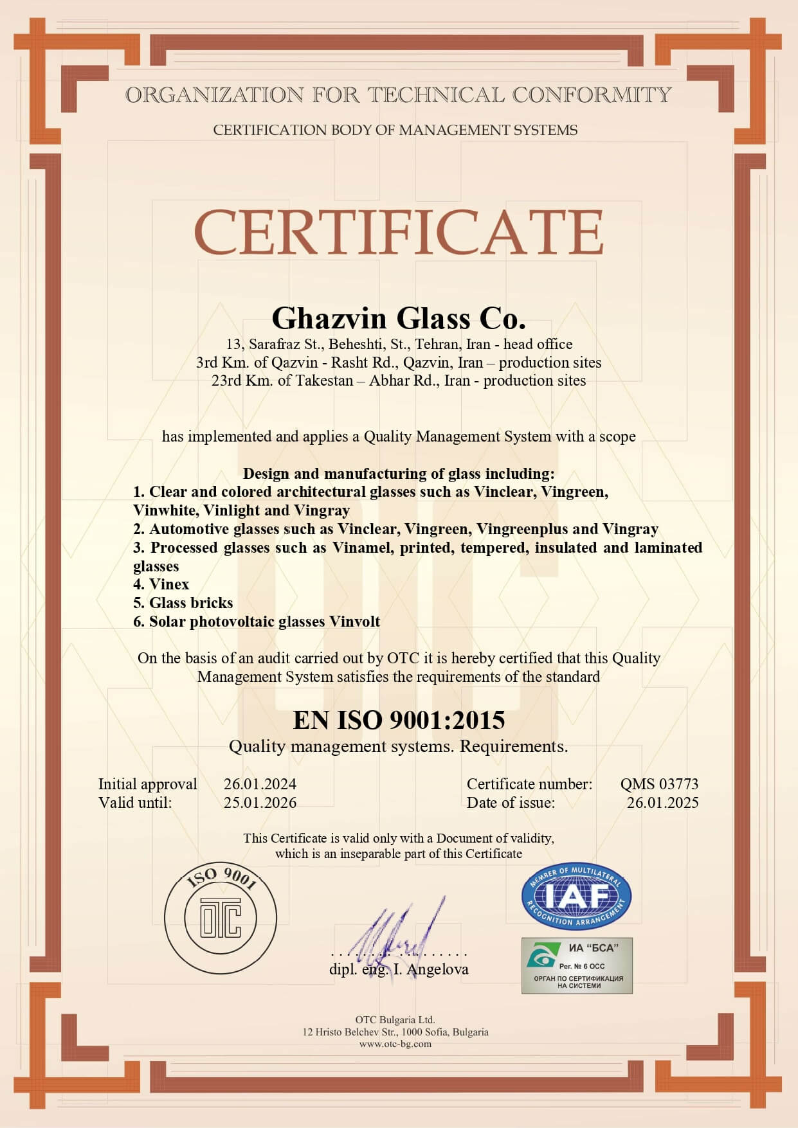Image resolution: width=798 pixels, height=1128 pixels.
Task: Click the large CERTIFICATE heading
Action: click(x=399, y=231)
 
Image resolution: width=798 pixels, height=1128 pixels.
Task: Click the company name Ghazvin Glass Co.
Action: click(x=399, y=318)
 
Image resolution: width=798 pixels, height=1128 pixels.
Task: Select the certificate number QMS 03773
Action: click(x=659, y=784)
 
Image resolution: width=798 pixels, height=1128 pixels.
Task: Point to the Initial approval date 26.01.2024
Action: click(x=260, y=784)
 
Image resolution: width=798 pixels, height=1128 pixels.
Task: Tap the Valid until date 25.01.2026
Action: click(x=260, y=803)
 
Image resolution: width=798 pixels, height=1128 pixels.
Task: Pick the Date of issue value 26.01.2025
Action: click(x=662, y=803)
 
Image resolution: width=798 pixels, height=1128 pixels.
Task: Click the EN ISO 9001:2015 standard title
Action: click(x=399, y=720)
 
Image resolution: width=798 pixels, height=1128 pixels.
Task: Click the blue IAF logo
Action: click(x=576, y=896)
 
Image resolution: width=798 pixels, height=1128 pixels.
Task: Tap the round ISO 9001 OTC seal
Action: click(x=221, y=917)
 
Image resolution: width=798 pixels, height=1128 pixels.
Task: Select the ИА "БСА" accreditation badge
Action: click(x=577, y=965)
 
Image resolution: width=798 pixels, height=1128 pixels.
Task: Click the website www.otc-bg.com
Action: click(x=395, y=1044)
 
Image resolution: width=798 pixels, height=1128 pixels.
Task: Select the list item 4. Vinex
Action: click(x=161, y=584)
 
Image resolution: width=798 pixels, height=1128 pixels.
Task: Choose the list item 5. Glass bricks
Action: click(x=183, y=603)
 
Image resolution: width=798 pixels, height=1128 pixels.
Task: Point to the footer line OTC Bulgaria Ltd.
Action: click(x=395, y=1019)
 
